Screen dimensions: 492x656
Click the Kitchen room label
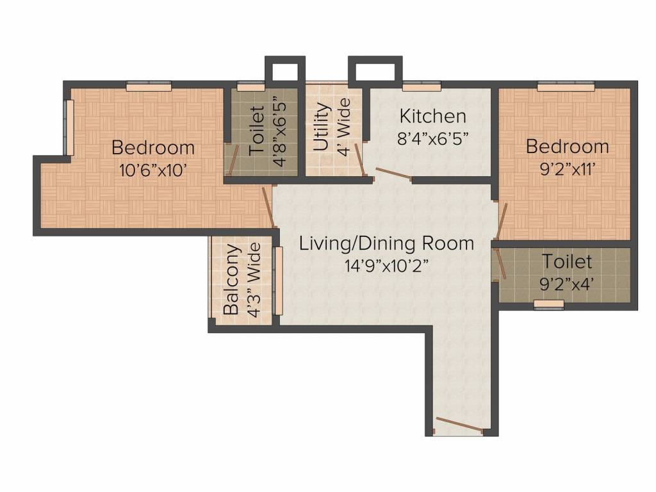[432, 117]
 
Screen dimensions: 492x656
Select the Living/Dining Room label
[387, 243]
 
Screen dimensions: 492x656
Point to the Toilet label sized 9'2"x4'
[567, 261]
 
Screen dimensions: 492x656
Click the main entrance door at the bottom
[458, 426]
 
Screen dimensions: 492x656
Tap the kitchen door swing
[392, 174]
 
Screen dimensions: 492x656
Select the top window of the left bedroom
[149, 86]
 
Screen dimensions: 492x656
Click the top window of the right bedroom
[565, 85]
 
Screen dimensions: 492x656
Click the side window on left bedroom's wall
[70, 127]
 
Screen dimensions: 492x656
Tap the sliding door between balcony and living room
[278, 280]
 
